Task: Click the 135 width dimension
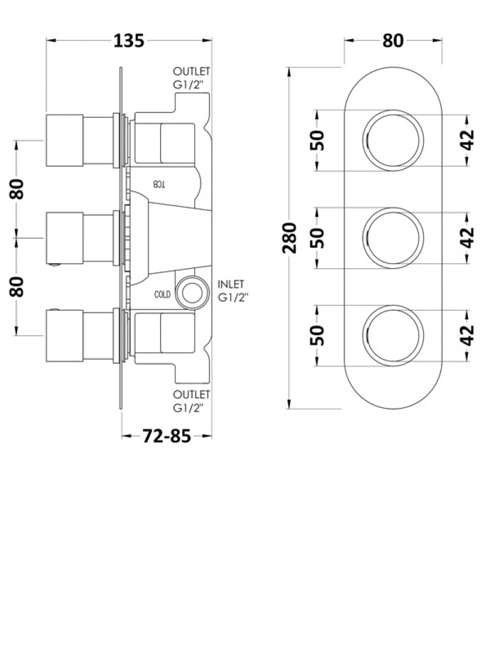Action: pyautogui.click(x=129, y=40)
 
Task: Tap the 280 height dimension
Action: pyautogui.click(x=291, y=239)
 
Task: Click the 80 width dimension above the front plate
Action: pyautogui.click(x=393, y=40)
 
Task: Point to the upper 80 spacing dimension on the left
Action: pyautogui.click(x=18, y=188)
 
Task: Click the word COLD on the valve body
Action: pyautogui.click(x=162, y=294)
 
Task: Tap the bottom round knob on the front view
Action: pyautogui.click(x=393, y=334)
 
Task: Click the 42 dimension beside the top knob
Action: pyautogui.click(x=467, y=140)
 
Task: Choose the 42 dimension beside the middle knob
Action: pyautogui.click(x=467, y=237)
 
